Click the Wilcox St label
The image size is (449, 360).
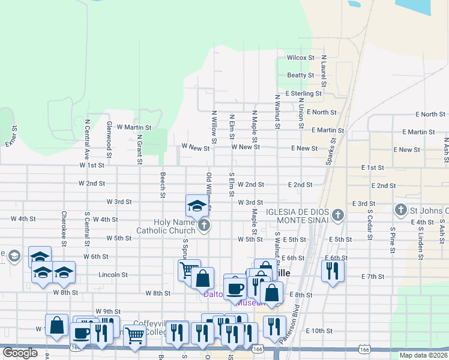(300, 58)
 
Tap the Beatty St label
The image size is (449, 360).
(300, 75)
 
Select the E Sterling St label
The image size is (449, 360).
(304, 94)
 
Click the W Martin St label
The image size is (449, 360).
(134, 127)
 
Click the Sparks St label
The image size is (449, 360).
(330, 155)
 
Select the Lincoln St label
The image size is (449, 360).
(113, 275)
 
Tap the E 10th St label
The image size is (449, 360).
(319, 331)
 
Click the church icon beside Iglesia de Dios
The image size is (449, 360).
(338, 215)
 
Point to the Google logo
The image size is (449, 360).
(20, 352)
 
